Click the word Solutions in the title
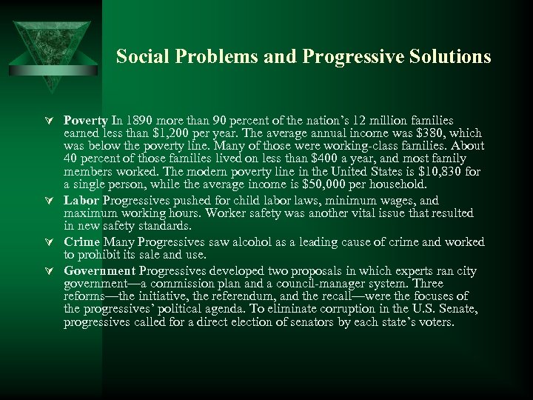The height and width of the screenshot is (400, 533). click(446, 56)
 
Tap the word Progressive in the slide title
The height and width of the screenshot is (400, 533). click(338, 56)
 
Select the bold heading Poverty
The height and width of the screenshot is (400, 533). click(86, 120)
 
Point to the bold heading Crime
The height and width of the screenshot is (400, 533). click(81, 242)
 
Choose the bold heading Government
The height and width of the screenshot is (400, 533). click(98, 270)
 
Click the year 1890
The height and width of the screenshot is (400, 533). click(139, 120)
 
